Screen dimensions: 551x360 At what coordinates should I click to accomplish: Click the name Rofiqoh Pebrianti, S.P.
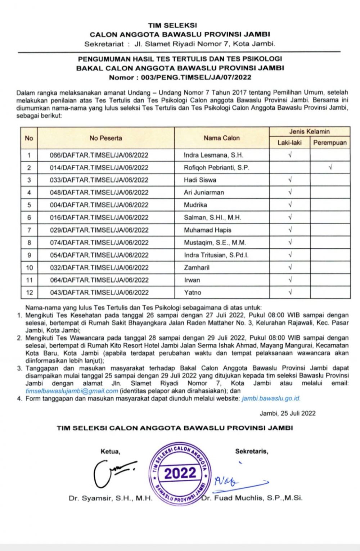(216, 167)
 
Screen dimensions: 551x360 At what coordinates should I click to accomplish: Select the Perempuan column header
(330, 143)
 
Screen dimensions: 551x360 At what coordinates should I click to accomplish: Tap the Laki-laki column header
(289, 143)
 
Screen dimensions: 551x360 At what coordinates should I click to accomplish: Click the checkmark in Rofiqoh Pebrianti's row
(330, 167)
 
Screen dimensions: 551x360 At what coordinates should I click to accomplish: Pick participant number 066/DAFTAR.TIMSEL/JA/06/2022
(99, 155)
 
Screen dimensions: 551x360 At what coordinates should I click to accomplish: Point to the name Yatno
(193, 292)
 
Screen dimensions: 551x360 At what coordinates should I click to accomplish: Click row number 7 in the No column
(29, 230)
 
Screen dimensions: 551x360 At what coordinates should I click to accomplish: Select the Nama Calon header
(221, 138)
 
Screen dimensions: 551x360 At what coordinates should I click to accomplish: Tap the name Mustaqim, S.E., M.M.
(215, 243)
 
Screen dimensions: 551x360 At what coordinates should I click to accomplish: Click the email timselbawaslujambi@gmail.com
(72, 391)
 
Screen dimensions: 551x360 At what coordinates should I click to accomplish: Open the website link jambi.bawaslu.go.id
(271, 398)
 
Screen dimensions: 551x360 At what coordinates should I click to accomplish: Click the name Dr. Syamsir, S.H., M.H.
(111, 498)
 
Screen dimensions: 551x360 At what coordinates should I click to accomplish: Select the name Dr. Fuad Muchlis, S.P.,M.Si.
(252, 498)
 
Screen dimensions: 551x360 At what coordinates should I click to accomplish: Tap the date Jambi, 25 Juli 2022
(288, 413)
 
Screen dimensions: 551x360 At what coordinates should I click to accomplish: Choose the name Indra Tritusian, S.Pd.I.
(216, 255)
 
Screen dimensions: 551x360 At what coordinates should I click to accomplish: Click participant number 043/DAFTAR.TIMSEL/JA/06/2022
(99, 292)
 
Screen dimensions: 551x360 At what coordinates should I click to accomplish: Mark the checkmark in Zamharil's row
(290, 267)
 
